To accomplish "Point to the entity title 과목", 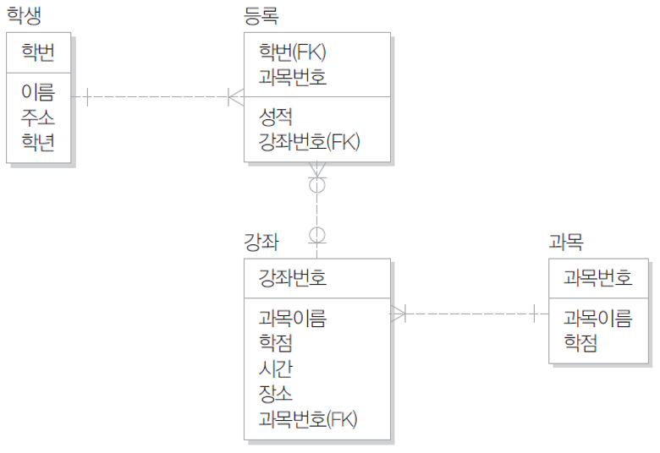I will [x=566, y=242].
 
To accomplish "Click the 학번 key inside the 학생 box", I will [x=38, y=52].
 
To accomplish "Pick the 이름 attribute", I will [x=38, y=93].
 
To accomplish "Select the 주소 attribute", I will [x=38, y=117].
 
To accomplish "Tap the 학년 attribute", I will [x=38, y=142].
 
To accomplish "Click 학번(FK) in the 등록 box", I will [x=293, y=52].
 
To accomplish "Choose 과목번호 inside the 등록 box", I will [x=293, y=78].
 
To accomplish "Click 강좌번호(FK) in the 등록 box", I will [x=310, y=142].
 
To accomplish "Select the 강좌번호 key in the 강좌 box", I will [x=293, y=278].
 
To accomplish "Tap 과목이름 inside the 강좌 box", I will [x=293, y=319].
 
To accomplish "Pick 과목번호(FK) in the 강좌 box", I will [x=310, y=418].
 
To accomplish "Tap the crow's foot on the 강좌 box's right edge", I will [x=399, y=314].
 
